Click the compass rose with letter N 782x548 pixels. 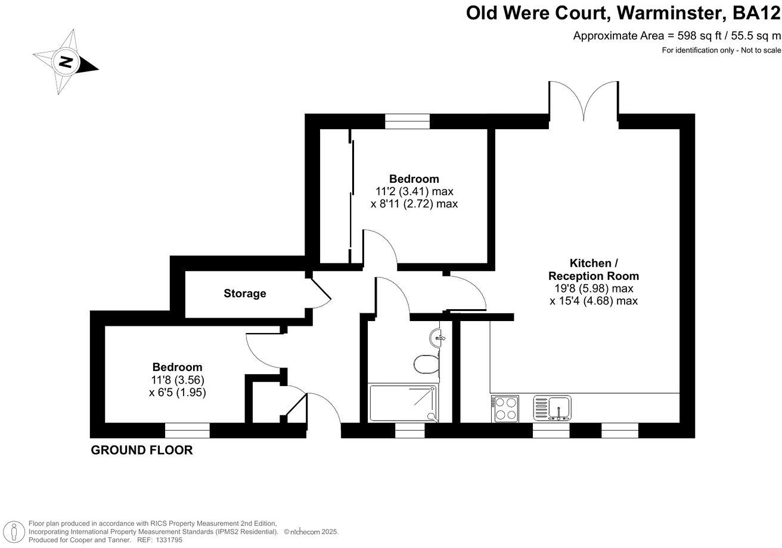click(x=65, y=62)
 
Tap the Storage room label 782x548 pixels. click(x=245, y=294)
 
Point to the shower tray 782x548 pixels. click(x=402, y=403)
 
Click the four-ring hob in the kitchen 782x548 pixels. click(x=505, y=409)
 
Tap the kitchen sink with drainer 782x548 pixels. click(x=553, y=408)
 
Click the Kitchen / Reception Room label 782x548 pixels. click(x=593, y=269)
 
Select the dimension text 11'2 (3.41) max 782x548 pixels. click(x=414, y=192)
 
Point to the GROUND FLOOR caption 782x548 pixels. click(x=142, y=450)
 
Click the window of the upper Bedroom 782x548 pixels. click(x=407, y=121)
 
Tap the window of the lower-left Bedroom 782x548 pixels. click(x=187, y=430)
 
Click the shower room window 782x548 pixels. click(x=406, y=431)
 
